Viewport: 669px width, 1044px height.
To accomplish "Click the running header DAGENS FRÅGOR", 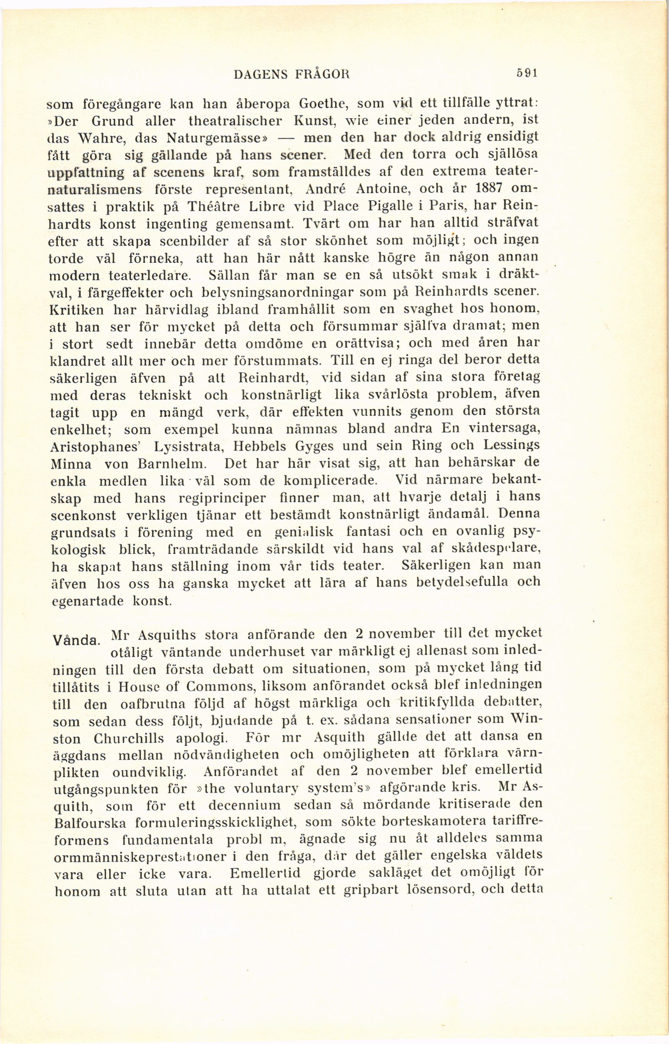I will (292, 75).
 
